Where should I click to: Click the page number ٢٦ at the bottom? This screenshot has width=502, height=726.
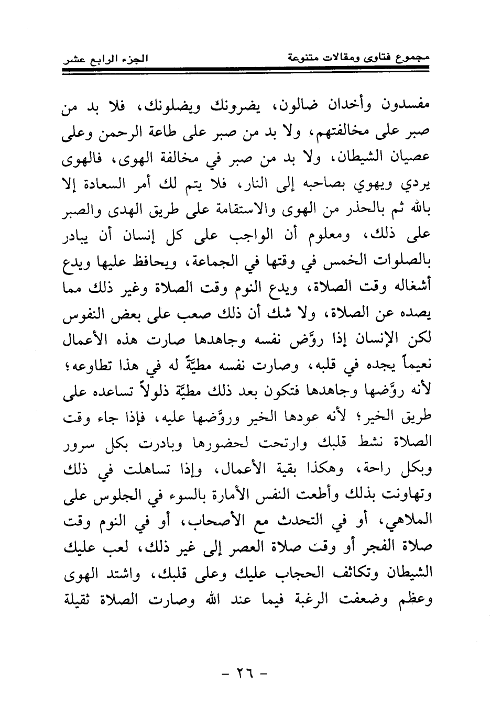coord(245,672)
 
